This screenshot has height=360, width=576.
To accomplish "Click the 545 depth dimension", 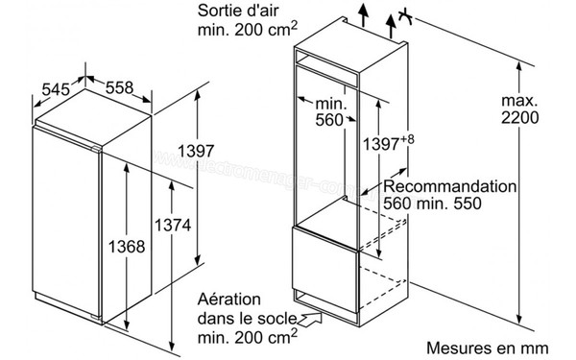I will click(x=54, y=89).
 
